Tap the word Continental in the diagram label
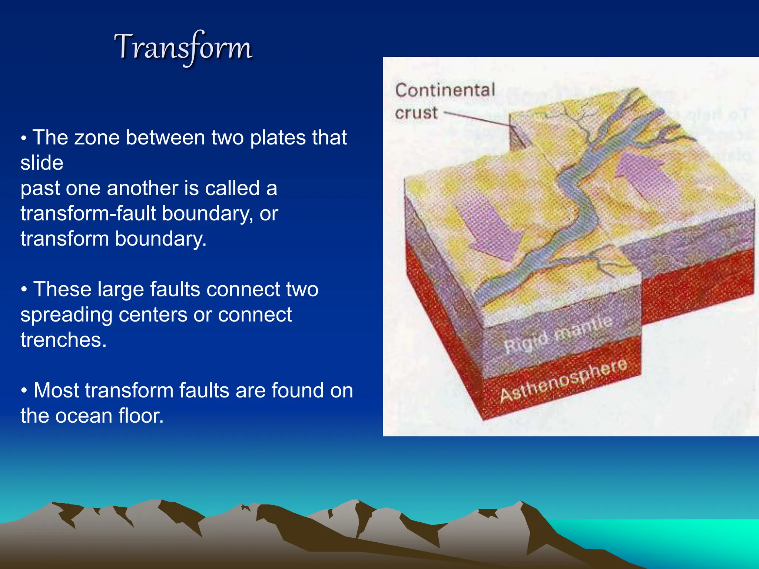pyautogui.click(x=445, y=90)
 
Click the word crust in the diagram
pyautogui.click(x=416, y=113)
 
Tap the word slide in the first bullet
pyautogui.click(x=42, y=163)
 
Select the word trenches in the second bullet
pyautogui.click(x=63, y=340)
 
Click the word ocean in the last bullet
pyautogui.click(x=84, y=416)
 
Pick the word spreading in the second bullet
pyautogui.click(x=66, y=315)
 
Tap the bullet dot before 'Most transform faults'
pyautogui.click(x=24, y=391)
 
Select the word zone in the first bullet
pyautogui.click(x=97, y=138)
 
